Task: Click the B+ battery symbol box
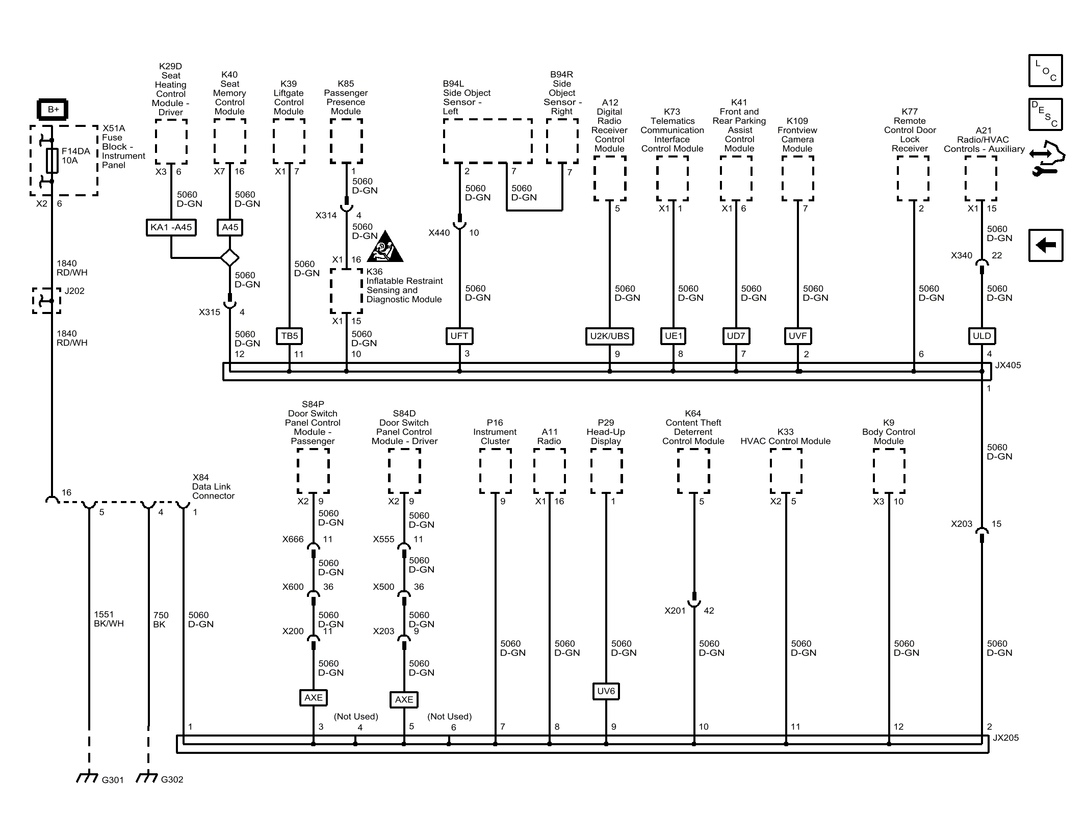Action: click(53, 110)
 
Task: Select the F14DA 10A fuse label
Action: click(75, 156)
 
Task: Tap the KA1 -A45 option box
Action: click(171, 227)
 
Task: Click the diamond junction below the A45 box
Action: click(229, 257)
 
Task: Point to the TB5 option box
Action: click(289, 336)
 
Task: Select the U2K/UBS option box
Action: click(609, 336)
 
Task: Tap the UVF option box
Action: click(797, 336)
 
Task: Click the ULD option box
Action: click(981, 336)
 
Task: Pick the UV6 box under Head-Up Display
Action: click(606, 691)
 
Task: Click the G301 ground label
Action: click(113, 780)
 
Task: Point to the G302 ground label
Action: click(172, 779)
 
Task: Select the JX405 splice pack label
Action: click(1007, 365)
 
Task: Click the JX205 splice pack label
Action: click(1005, 738)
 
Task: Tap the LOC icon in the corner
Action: click(1045, 71)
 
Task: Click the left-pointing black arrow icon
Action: click(1045, 246)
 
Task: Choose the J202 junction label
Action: click(74, 291)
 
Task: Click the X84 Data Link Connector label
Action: click(213, 487)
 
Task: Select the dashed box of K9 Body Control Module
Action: click(889, 471)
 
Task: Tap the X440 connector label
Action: click(439, 233)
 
